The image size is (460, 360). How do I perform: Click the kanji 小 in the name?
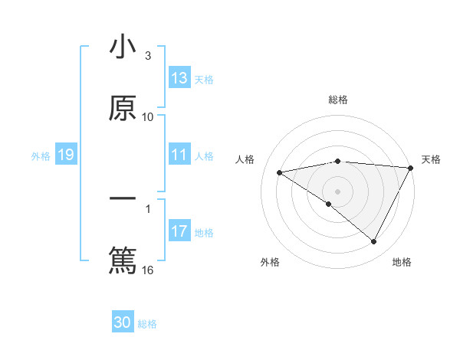pos(123,47)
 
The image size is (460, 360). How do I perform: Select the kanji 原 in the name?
pos(123,108)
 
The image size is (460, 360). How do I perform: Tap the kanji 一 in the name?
pos(123,201)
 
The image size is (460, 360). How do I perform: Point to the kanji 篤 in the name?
pos(123,260)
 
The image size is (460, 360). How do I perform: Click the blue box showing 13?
pos(179,78)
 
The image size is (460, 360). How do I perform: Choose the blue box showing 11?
pos(179,155)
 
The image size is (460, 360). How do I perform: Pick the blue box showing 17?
pos(179,231)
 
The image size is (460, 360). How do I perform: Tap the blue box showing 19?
pos(65,155)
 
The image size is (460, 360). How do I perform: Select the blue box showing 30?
pos(123,322)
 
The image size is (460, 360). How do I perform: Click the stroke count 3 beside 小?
pos(148,56)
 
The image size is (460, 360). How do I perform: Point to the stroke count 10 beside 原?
pos(148,117)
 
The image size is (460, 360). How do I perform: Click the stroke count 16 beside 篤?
pos(148,270)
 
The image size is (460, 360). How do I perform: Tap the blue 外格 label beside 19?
pos(41,156)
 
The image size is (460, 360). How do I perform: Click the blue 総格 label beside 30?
pos(147,324)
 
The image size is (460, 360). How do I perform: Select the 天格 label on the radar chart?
pos(431,159)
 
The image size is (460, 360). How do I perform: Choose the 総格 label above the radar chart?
pos(338,100)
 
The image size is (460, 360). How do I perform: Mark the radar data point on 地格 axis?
pos(374,242)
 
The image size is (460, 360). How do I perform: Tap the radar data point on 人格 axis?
pos(280,172)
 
